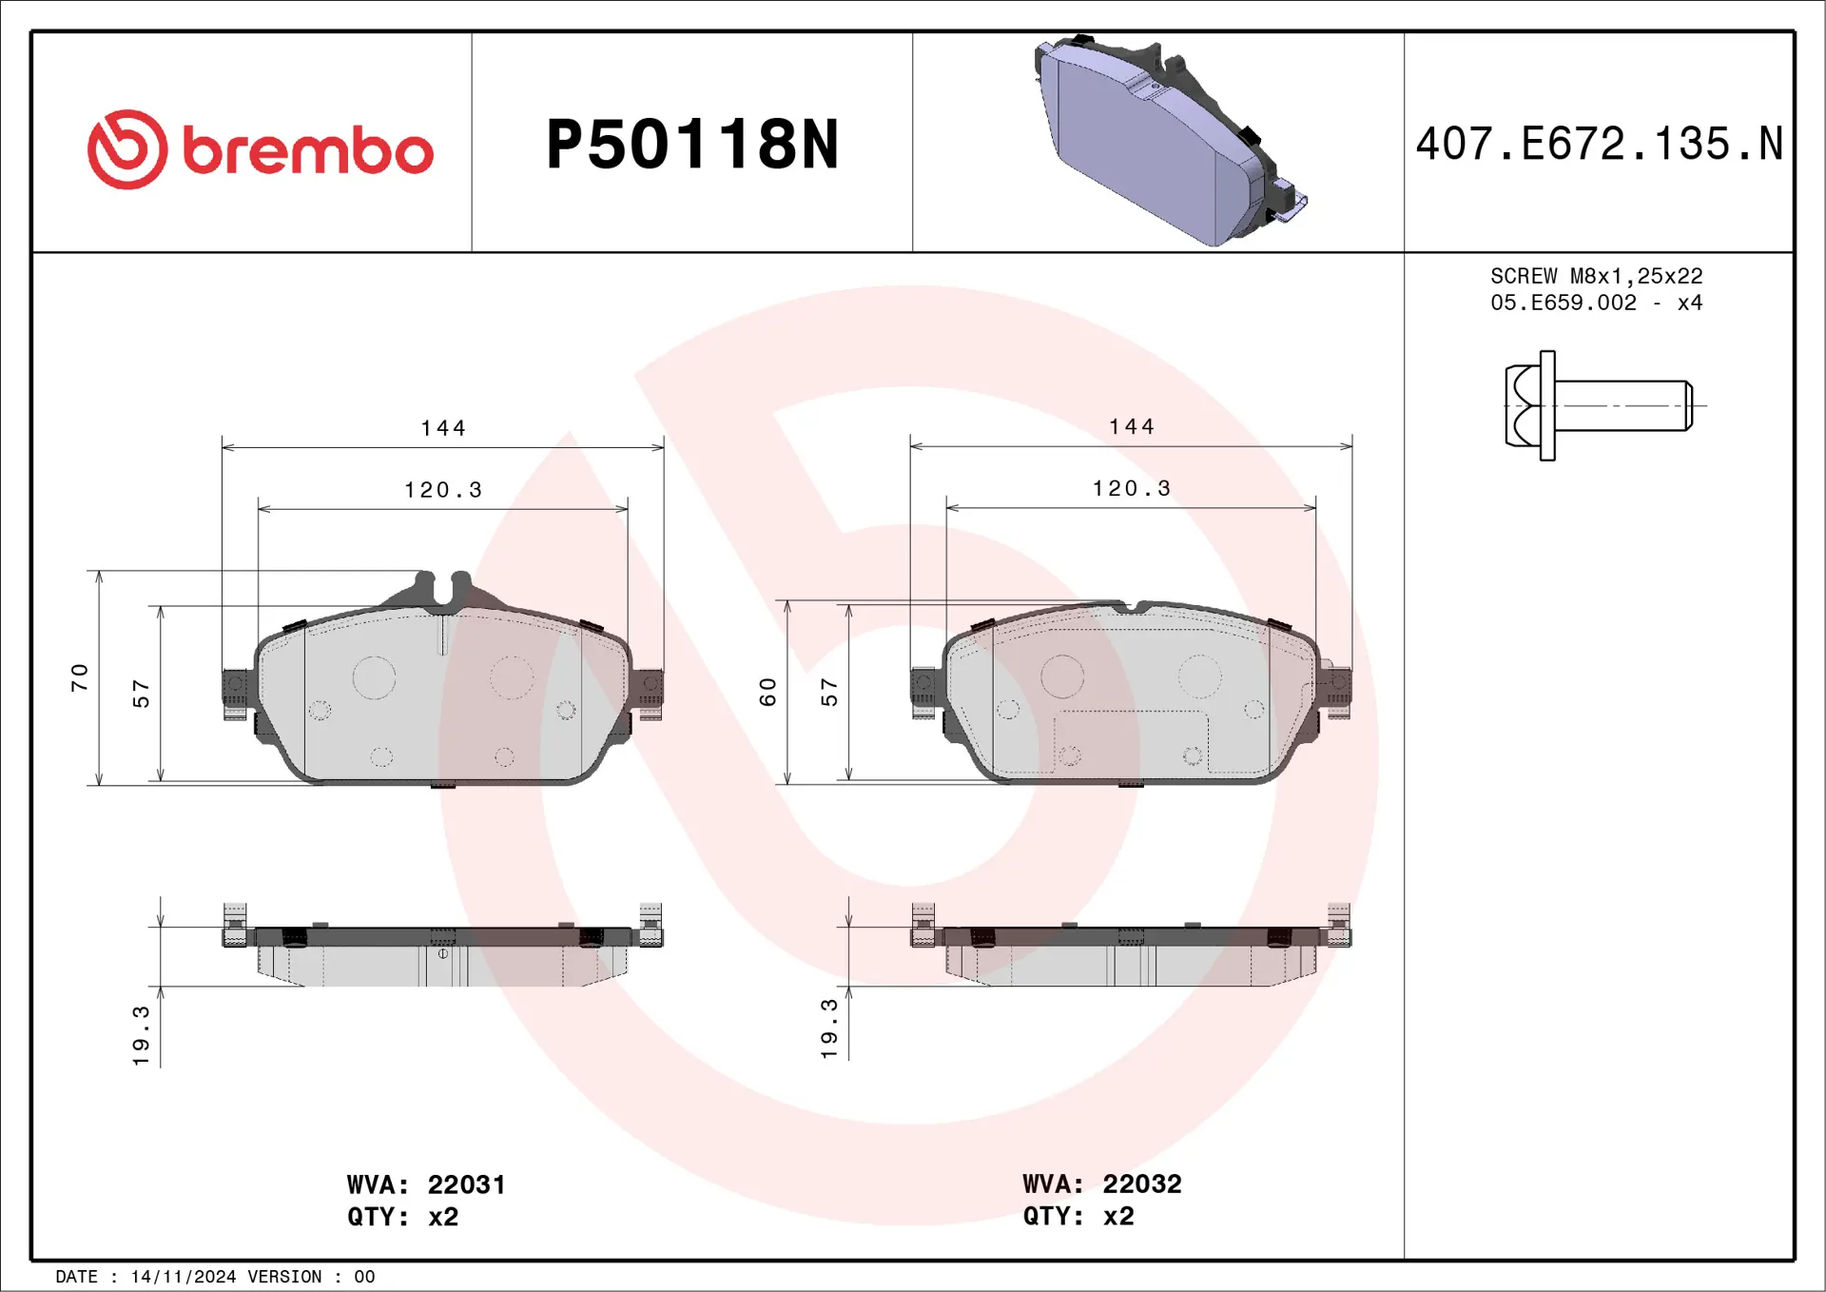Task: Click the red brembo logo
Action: tap(260, 149)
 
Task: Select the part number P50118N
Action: tap(691, 145)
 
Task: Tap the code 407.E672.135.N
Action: tap(1599, 145)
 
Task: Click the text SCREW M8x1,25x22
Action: tap(1596, 276)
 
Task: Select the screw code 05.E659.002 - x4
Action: tap(1596, 303)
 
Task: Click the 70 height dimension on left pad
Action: tap(80, 677)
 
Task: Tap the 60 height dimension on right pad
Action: tap(768, 692)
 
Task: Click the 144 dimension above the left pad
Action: tap(443, 428)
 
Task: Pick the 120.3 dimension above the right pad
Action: tap(1131, 488)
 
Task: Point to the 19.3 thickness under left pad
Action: tap(141, 1035)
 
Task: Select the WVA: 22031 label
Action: tap(426, 1184)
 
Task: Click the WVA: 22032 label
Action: tap(1101, 1184)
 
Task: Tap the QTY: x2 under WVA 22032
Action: tap(1078, 1216)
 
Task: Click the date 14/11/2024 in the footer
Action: tap(183, 1277)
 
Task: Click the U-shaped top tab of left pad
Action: tap(443, 587)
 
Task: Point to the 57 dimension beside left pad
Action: tap(141, 694)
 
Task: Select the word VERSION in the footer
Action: tap(284, 1277)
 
